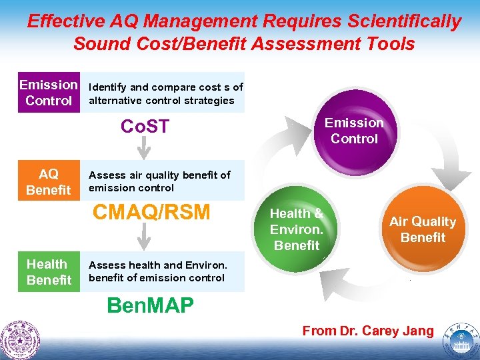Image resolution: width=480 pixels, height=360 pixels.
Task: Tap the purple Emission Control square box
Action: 48,93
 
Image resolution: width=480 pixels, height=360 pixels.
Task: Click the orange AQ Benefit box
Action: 48,182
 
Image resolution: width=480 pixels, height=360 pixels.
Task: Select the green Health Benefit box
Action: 48,272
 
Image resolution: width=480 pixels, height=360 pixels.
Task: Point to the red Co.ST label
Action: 145,126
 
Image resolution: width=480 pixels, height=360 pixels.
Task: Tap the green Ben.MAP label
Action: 151,305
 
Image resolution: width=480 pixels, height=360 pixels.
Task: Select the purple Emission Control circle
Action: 354,130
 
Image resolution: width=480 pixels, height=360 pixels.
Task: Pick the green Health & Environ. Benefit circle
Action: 297,229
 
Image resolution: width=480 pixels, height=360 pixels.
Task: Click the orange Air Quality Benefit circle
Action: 422,229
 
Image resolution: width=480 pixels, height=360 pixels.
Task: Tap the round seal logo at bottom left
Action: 20,340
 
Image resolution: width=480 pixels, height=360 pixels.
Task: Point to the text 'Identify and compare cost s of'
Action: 166,87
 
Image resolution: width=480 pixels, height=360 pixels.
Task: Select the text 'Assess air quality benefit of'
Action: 159,175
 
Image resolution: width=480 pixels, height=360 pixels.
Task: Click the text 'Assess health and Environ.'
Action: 157,265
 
